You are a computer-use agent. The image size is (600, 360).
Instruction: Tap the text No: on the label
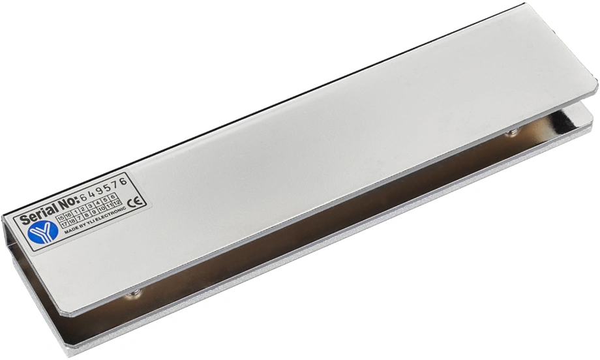tap(68, 203)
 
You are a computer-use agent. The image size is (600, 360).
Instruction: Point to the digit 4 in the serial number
tap(91, 194)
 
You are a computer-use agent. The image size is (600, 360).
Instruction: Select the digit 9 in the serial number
tap(100, 191)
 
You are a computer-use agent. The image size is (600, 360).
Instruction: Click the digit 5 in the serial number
tap(108, 188)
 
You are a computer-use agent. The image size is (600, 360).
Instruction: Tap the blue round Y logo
tap(43, 232)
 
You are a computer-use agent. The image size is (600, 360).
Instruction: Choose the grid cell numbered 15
tap(61, 218)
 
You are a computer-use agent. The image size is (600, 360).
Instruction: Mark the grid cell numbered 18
tap(72, 221)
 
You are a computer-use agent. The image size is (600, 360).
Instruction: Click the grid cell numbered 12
tap(117, 203)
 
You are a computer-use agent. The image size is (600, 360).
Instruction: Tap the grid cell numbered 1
tap(76, 212)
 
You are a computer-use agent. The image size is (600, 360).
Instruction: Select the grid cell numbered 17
tap(65, 224)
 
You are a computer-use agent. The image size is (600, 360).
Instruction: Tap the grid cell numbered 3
tap(90, 207)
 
